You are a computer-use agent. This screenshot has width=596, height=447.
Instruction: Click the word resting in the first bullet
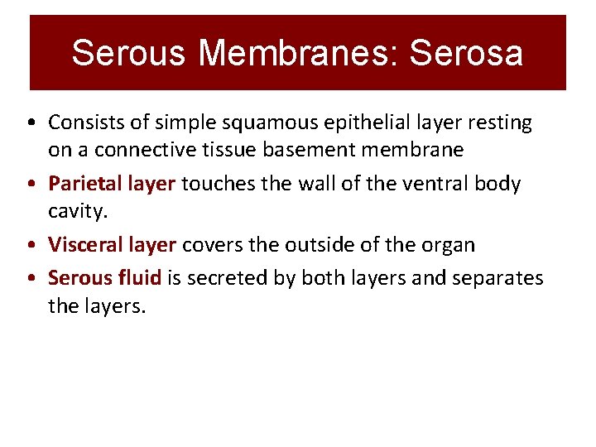(x=501, y=123)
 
